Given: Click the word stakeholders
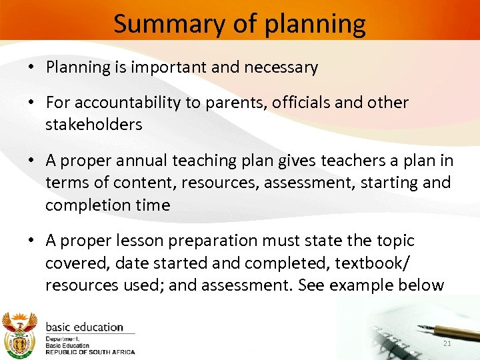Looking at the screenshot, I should (x=94, y=125).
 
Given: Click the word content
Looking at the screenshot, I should (x=135, y=183).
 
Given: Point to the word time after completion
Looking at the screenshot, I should (x=153, y=205).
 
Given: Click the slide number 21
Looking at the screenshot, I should (x=447, y=343).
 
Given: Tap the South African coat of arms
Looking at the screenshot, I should (x=19, y=333).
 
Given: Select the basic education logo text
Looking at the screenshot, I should (x=84, y=327).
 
